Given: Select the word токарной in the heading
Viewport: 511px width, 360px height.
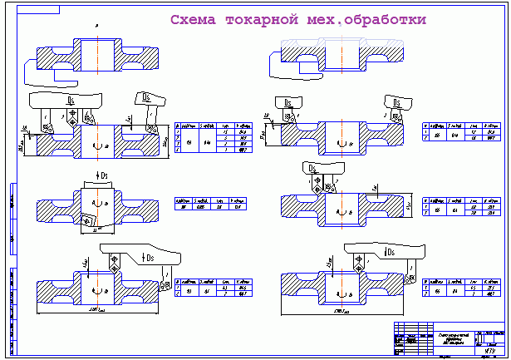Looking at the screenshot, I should click(264, 19).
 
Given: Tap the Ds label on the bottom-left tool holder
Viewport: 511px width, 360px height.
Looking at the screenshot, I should click(152, 258).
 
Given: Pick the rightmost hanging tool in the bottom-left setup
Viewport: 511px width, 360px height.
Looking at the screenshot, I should click(166, 273).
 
